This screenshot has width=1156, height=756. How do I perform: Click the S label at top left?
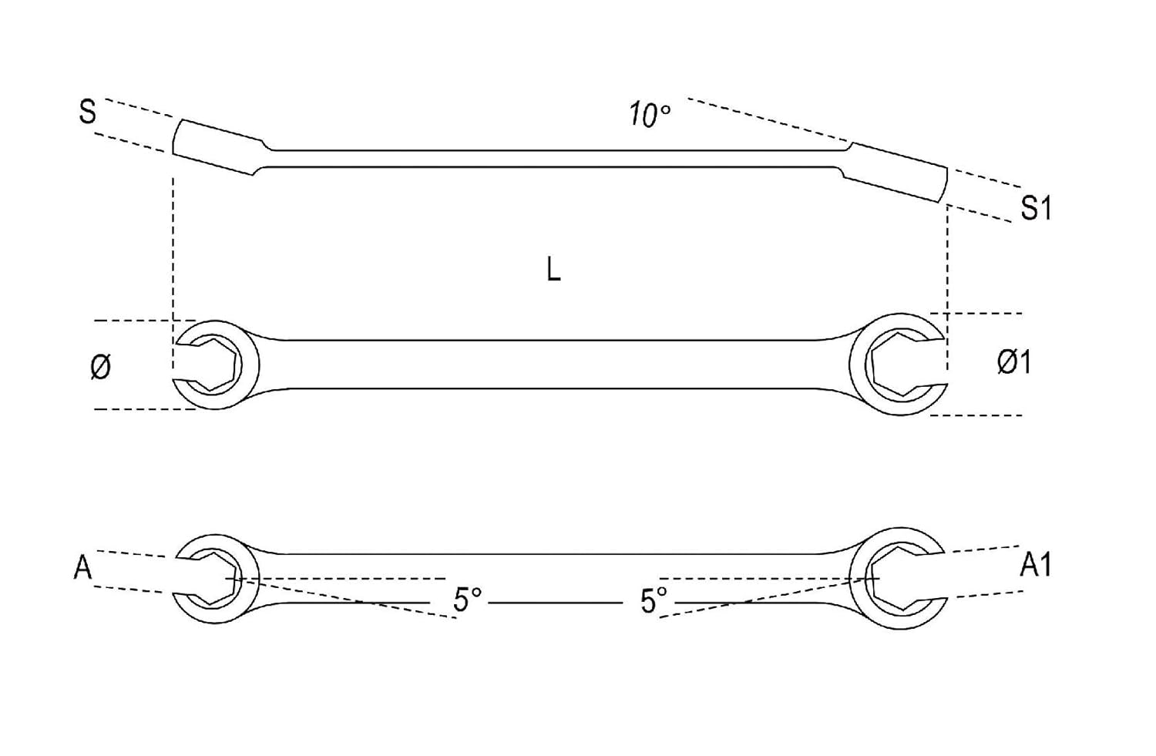pos(88,113)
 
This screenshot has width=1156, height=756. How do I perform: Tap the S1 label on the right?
pos(1035,208)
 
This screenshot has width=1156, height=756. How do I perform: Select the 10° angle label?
pos(649,116)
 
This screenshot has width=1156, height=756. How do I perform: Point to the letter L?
pos(553,270)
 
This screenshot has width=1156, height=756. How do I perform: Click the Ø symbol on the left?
pos(100,366)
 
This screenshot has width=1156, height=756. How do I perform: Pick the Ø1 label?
pos(1013,361)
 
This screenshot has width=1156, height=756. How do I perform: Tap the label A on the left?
pos(82,569)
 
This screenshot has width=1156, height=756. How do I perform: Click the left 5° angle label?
pos(467,600)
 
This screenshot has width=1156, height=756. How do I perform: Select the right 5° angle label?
pos(654,600)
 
